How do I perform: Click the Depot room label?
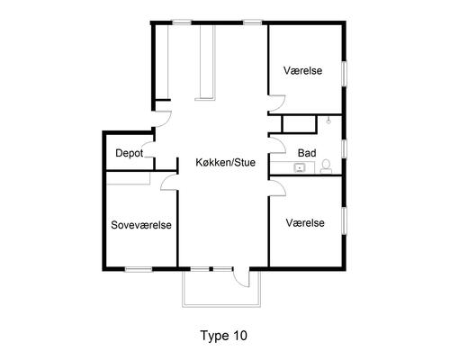coord(130,153)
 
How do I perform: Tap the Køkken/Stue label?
coord(226,162)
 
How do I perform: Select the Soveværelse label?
coord(141,225)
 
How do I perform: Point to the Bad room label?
coord(307,153)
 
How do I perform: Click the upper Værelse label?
coord(303,70)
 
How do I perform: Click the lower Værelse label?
coord(305,223)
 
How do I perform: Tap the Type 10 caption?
coord(224,336)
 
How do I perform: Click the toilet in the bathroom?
coord(326,166)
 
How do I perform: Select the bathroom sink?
coord(299,167)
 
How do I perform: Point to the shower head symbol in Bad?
coord(329,121)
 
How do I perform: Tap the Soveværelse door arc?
coord(169,183)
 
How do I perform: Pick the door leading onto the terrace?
coord(241,277)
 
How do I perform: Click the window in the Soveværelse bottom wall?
coord(139,269)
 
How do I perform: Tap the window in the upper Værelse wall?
coord(345,74)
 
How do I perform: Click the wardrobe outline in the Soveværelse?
coord(128,178)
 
